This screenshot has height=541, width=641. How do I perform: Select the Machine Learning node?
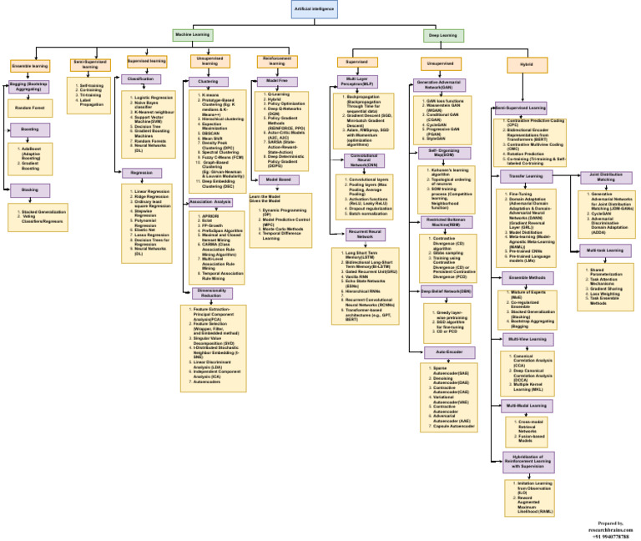(193, 35)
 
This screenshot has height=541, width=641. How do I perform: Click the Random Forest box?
(28, 106)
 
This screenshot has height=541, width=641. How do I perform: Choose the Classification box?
(141, 79)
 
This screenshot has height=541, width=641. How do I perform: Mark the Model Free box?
(278, 80)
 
